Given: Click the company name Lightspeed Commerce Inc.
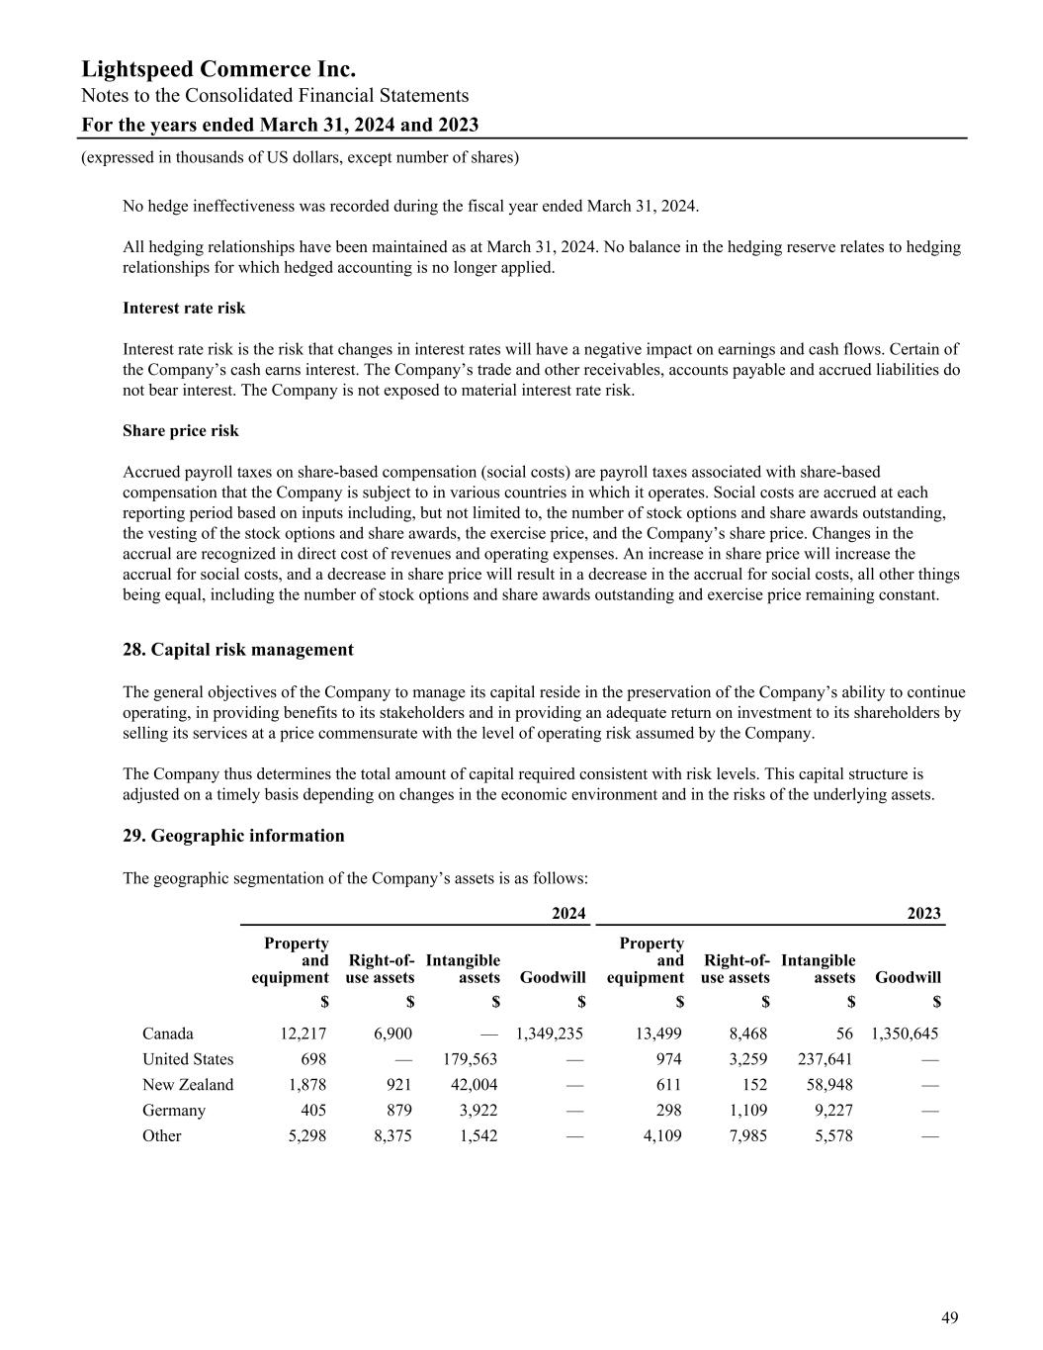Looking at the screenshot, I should [x=218, y=69].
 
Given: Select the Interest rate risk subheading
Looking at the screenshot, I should [x=184, y=308].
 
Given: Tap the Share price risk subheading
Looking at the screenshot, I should [x=181, y=431].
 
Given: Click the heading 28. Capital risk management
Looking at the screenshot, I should [x=237, y=650].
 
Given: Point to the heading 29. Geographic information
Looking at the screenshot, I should [x=233, y=836].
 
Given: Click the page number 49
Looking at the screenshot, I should [x=949, y=1317].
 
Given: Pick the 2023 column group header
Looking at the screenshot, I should [x=923, y=914].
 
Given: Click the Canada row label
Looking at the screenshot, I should [x=168, y=1035].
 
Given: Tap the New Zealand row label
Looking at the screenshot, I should [x=188, y=1085].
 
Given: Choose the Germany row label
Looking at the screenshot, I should [x=174, y=1111].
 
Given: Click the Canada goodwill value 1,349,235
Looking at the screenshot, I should [x=550, y=1035].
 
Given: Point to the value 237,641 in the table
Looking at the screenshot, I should [x=825, y=1060].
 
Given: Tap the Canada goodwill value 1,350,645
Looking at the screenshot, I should [x=905, y=1035].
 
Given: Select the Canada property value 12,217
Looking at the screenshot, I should [x=303, y=1035].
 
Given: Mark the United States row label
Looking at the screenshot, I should [x=188, y=1060].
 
